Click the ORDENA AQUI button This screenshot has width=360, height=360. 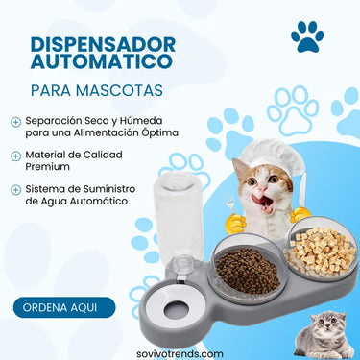[x=64, y=307]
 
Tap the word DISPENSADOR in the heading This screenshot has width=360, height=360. [x=103, y=45]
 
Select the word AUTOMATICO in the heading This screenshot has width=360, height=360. [x=102, y=61]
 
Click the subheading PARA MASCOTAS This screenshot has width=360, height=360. [x=97, y=90]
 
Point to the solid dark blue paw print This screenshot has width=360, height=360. [x=307, y=36]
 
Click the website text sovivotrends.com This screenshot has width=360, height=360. [x=180, y=354]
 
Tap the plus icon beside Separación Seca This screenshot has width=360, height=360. [x=15, y=122]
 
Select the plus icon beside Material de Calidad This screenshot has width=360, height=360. [x=15, y=156]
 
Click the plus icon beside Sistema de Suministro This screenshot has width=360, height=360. [x=15, y=190]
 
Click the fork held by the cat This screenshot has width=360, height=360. [x=230, y=204]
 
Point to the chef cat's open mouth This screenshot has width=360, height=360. [x=264, y=202]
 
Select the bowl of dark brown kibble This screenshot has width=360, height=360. [x=247, y=270]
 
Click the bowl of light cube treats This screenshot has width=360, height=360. [x=322, y=250]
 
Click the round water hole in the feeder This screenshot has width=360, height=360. [x=176, y=310]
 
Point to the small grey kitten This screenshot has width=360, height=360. [x=324, y=336]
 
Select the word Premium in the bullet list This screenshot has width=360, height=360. [x=47, y=167]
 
